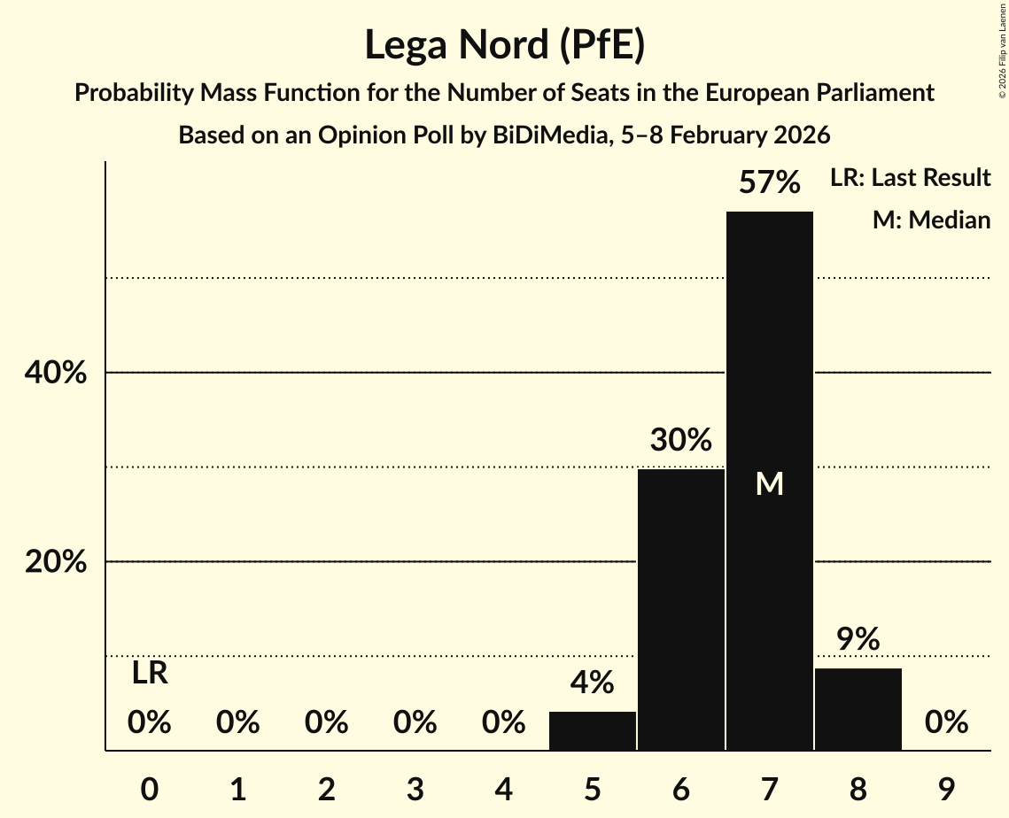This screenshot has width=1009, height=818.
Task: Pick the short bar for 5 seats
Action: [x=592, y=731]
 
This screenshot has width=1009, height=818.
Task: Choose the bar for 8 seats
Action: [x=858, y=709]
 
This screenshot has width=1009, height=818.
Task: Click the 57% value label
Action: [x=769, y=183]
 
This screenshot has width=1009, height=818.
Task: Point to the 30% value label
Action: [x=680, y=440]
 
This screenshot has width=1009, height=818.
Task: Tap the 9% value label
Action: [x=858, y=639]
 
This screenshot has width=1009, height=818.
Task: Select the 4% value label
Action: [x=592, y=683]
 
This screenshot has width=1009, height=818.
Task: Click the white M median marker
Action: [x=769, y=483]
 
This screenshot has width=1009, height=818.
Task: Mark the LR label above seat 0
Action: [x=150, y=674]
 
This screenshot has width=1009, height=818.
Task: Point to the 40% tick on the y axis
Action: [x=56, y=374]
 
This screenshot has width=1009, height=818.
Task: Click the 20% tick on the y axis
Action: [x=56, y=562]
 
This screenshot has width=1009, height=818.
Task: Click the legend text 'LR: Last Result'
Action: [x=910, y=178]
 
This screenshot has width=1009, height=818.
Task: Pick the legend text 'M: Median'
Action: [x=931, y=220]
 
